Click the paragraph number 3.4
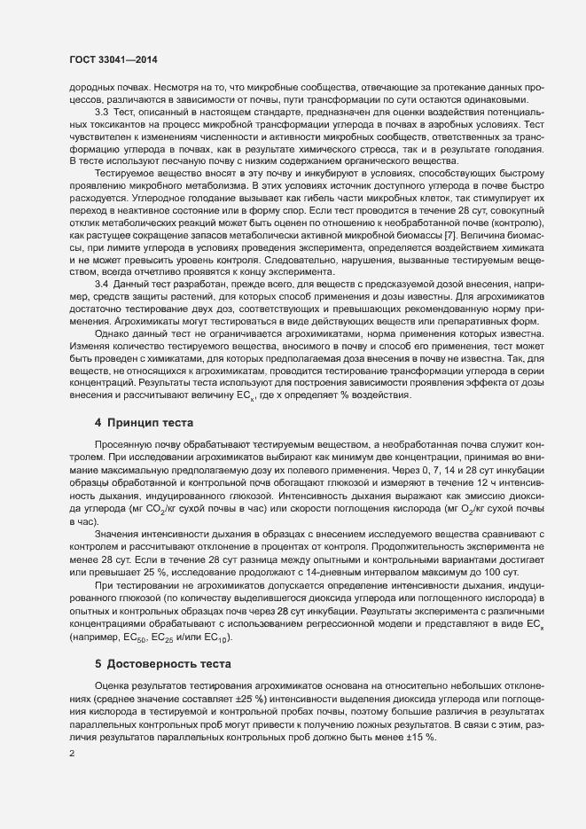(x=100, y=331)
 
